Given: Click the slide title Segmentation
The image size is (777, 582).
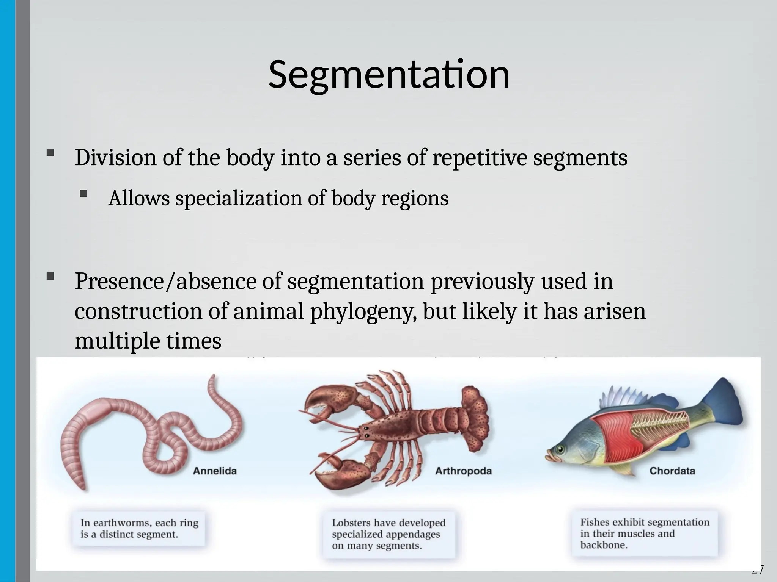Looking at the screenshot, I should pos(388,75).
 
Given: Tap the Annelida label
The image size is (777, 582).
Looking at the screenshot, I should pos(215,471).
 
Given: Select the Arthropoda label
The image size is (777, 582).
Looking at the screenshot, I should pos(463,471).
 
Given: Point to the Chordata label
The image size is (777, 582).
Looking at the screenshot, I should pos(672,471).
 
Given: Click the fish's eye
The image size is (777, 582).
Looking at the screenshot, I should pos(560,450).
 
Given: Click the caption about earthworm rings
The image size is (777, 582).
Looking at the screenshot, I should pos(139,529).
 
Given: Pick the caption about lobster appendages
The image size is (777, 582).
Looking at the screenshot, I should pos(388,534).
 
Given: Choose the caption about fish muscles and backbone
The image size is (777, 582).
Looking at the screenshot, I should pos(644,533).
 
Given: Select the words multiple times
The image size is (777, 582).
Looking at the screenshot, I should pos(148,341).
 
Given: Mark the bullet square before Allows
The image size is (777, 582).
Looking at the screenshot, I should pos(84,194).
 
